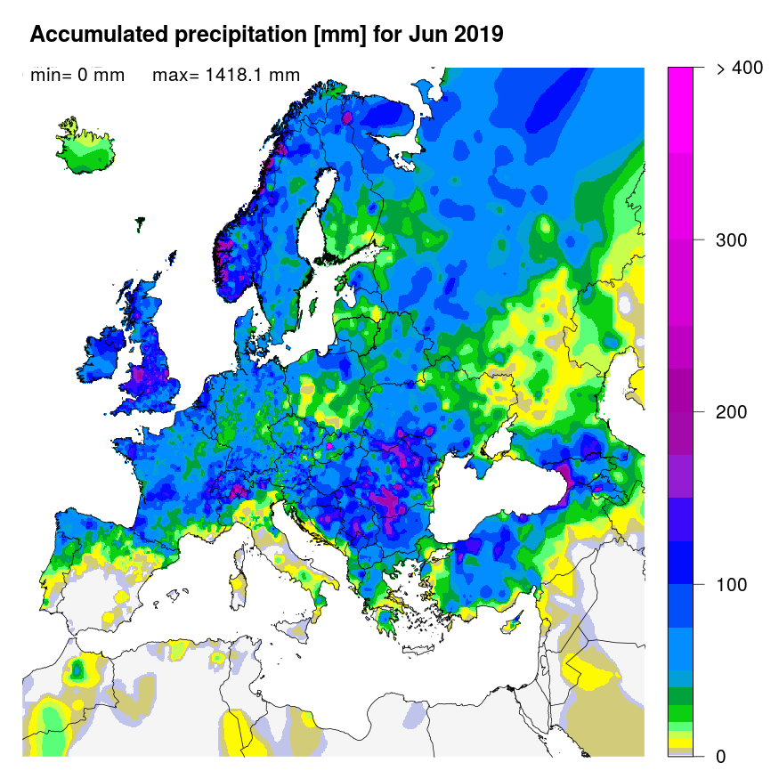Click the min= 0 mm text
pos(77,76)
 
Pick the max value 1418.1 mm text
pos(226,76)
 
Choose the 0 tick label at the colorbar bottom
pos(721,757)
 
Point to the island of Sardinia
pos(238,588)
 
